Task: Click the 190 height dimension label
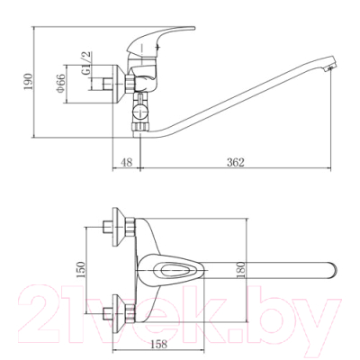(x=28, y=82)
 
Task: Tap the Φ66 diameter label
(x=60, y=83)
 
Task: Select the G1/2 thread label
(x=86, y=64)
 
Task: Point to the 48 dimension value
(x=127, y=162)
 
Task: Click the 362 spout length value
(x=236, y=162)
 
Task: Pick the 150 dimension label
(x=80, y=270)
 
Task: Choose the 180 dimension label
(x=241, y=270)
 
